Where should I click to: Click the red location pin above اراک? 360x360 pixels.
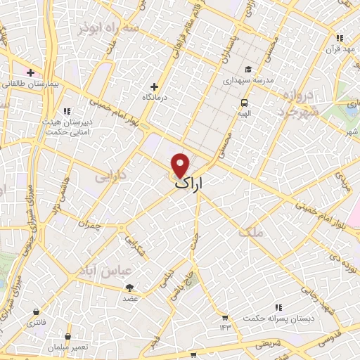pos(181,164)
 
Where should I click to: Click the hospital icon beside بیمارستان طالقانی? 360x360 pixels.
pos(30,72)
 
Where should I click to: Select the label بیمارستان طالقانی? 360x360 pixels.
pos(33,84)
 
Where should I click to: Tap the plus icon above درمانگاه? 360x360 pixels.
pos(154,86)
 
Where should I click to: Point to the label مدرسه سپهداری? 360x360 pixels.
pos(247,81)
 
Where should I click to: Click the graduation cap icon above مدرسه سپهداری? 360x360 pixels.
pos(247,69)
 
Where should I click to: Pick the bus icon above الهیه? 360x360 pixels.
pos(244,101)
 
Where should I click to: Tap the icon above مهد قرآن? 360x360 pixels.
pos(340,38)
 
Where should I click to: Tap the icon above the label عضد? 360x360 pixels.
pos(129,287)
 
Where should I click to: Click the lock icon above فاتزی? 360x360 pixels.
pos(36,311)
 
